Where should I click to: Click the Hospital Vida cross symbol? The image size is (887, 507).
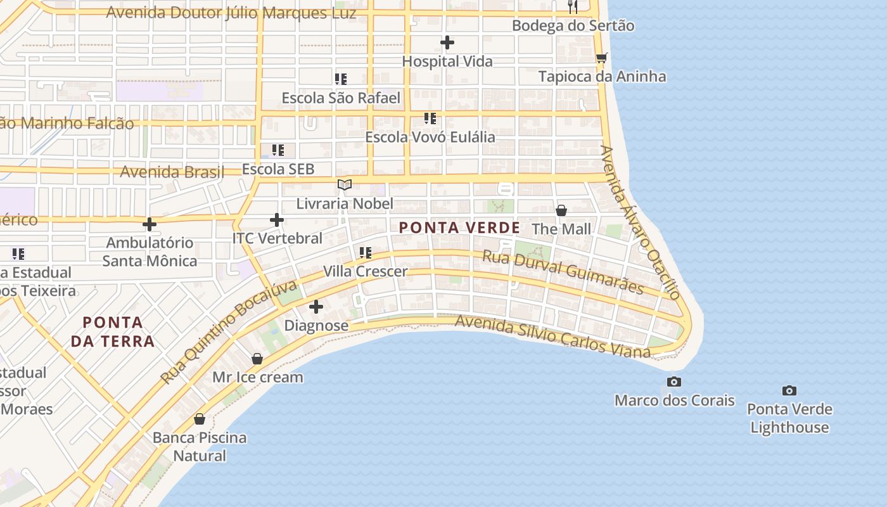click(x=447, y=42)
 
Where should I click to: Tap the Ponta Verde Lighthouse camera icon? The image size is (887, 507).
click(x=789, y=390)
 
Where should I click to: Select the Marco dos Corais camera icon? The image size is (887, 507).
click(x=674, y=382)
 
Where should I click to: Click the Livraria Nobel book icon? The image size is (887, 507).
click(x=345, y=184)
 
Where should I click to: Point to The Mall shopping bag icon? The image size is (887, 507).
click(x=561, y=210)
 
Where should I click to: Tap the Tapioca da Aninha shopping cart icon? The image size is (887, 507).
click(x=601, y=58)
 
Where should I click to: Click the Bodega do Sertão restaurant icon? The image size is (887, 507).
click(x=573, y=7)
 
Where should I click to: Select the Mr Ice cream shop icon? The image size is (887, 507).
click(x=257, y=359)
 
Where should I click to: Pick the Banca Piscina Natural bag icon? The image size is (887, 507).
click(x=200, y=419)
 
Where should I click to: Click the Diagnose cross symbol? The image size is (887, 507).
click(x=316, y=307)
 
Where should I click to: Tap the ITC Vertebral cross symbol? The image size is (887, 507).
click(x=277, y=220)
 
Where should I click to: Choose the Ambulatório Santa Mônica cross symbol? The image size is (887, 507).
click(x=150, y=224)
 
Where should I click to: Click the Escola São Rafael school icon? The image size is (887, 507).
click(x=341, y=79)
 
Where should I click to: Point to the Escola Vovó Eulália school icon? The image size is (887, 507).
click(x=430, y=118)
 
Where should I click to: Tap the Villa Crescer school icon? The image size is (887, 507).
click(x=366, y=253)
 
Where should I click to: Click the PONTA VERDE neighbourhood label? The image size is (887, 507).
click(x=459, y=228)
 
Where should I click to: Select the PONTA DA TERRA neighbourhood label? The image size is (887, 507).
click(x=112, y=331)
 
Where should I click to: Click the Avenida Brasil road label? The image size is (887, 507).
click(x=172, y=172)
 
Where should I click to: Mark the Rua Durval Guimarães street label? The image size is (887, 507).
click(x=563, y=272)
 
